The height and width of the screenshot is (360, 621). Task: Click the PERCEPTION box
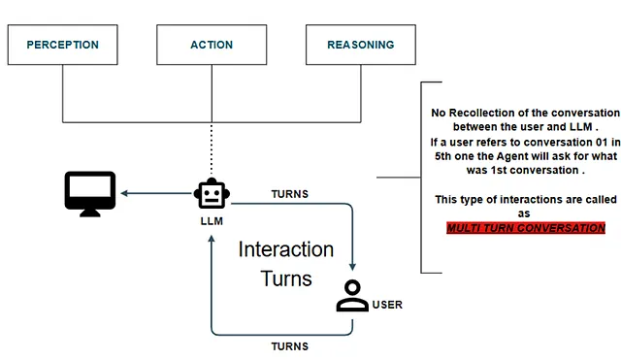[62, 45]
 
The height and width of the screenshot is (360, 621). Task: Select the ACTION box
[212, 45]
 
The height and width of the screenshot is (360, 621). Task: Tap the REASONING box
[361, 45]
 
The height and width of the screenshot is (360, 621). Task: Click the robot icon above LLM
[212, 193]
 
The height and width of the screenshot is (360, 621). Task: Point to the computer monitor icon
[90, 194]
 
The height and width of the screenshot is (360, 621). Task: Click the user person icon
[352, 295]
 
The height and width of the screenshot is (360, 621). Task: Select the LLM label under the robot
[212, 221]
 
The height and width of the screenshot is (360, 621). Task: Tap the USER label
[387, 305]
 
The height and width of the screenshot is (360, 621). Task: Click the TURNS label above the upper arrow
[289, 194]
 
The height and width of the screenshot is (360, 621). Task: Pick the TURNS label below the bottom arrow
[289, 346]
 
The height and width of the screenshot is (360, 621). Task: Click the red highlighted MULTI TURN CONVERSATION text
[526, 228]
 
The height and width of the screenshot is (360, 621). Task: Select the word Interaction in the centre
[286, 249]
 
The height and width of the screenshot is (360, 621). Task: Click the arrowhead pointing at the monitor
[124, 193]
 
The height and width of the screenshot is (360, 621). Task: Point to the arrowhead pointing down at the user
[352, 267]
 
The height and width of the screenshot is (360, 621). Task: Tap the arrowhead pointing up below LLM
[212, 239]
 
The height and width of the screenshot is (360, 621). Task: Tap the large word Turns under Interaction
[286, 278]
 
